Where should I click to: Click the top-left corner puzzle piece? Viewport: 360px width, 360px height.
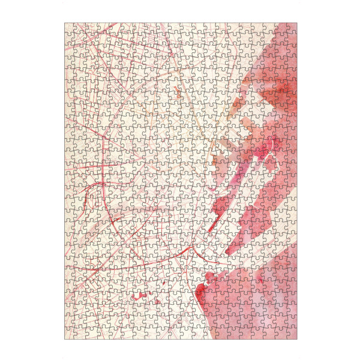coord(70,28)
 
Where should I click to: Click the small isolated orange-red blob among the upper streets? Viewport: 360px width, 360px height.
coord(176,91)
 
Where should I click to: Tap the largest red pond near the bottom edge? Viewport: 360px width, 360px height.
coord(139,296)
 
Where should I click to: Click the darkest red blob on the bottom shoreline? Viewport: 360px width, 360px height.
coord(209,278)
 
